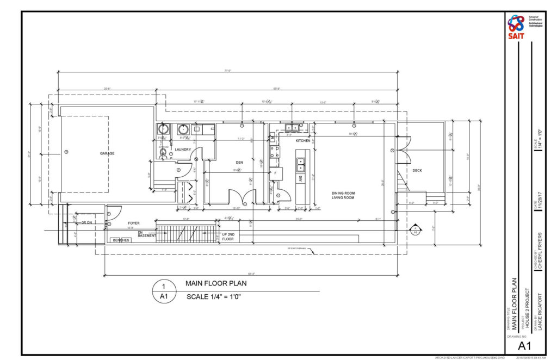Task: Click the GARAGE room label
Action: point(107,153)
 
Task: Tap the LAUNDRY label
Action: point(182,150)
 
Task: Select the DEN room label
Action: point(239,162)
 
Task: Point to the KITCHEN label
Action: point(303,141)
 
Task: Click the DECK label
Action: point(417,170)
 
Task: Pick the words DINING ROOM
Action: point(343,193)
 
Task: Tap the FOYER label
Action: point(134,223)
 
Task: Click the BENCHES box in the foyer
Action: point(120,240)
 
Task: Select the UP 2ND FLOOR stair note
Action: point(228,236)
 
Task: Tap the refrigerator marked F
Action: point(276,173)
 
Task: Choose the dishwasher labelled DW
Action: point(300,177)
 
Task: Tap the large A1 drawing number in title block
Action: point(524,346)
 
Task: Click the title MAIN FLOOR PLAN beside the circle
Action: point(216,283)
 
